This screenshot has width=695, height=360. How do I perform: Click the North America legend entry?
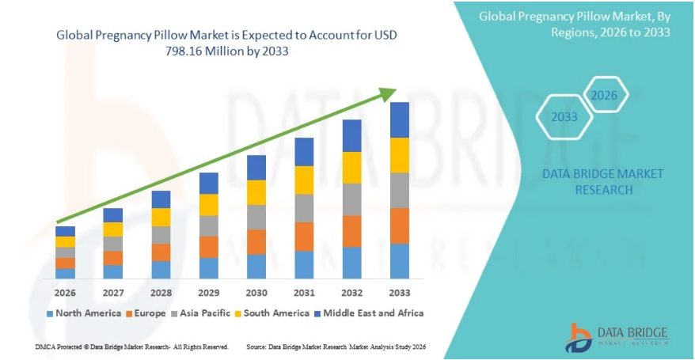pyautogui.click(x=82, y=313)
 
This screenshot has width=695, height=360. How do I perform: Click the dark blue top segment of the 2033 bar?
pyautogui.click(x=399, y=119)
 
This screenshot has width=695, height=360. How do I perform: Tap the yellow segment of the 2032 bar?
pyautogui.click(x=351, y=168)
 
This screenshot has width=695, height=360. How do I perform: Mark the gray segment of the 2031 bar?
pyautogui.click(x=304, y=208)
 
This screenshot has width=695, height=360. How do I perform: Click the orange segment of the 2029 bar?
pyautogui.click(x=208, y=247)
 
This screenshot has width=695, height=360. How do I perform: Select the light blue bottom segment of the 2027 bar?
pyautogui.click(x=113, y=271)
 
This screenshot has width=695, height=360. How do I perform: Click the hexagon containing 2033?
pyautogui.click(x=564, y=117)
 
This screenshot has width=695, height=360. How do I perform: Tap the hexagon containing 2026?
pyautogui.click(x=605, y=96)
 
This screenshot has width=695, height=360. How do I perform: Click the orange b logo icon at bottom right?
pyautogui.click(x=579, y=336)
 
